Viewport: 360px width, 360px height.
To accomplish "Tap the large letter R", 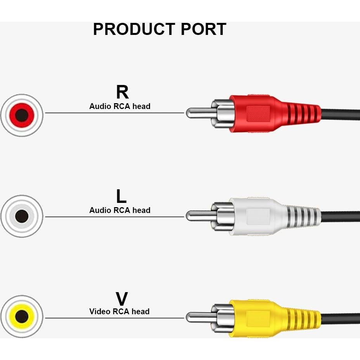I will coord(122,92).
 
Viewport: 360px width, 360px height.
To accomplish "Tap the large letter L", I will coord(121,196).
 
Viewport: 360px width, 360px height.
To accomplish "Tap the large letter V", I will coord(121,299).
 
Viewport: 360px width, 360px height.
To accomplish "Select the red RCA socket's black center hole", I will coord(22,115).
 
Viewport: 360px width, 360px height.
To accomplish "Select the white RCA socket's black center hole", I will coord(22,216).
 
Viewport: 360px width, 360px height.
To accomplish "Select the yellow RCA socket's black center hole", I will coord(22,317).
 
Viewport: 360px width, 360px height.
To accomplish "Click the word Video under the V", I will coord(100,312).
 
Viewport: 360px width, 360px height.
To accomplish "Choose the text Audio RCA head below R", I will coord(119,106).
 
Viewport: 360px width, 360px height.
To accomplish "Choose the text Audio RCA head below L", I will coord(119,210).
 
